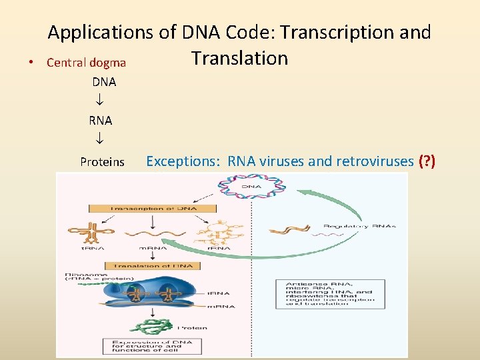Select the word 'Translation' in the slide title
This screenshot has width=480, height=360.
[240, 59]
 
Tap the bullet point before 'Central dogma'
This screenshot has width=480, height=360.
[32, 63]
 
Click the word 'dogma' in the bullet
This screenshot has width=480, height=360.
[108, 63]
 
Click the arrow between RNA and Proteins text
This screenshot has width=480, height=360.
[99, 141]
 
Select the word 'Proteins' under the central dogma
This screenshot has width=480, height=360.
[102, 162]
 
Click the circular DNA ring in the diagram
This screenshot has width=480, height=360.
[251, 186]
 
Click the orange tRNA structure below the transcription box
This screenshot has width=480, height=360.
[82, 233]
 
